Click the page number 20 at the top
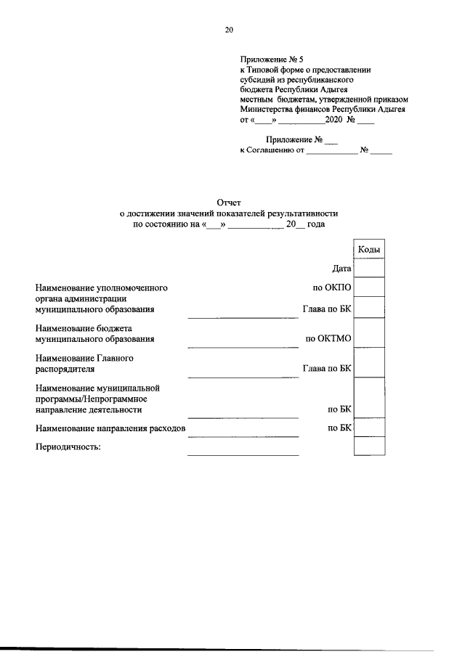point(229,30)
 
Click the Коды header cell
point(369,249)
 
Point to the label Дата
point(341,269)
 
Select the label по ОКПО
point(332,287)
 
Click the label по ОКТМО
point(328,338)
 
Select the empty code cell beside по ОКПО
point(369,287)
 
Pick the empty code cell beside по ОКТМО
point(369,334)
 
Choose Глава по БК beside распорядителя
point(327,369)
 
